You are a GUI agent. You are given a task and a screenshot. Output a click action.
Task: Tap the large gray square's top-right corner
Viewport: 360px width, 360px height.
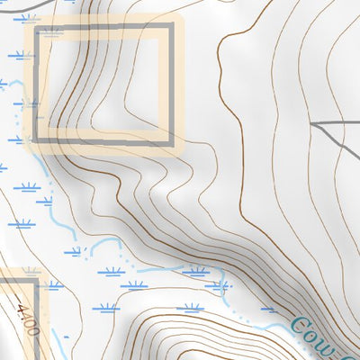coord(168,30)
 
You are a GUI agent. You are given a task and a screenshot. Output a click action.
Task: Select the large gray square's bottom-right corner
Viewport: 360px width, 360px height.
coord(168,139)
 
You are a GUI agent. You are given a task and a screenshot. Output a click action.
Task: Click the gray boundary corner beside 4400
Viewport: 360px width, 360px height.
coord(36,281)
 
